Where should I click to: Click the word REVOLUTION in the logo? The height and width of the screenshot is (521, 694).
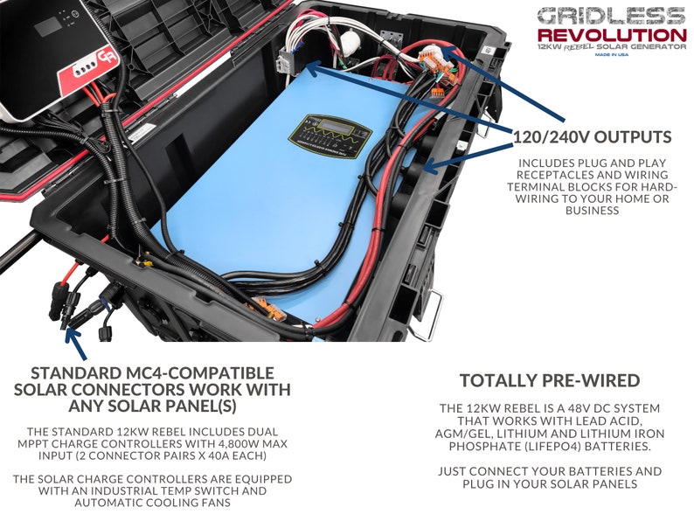(x=612, y=35)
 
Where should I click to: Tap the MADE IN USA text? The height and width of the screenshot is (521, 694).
(x=611, y=54)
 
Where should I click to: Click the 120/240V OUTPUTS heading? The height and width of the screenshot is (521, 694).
(x=593, y=136)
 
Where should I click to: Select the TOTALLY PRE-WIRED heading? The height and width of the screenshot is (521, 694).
(x=550, y=380)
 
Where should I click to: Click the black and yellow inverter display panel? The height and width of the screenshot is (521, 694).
(x=330, y=135)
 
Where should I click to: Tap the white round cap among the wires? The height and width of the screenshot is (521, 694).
(x=350, y=41)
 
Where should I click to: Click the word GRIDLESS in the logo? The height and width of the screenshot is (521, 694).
(x=611, y=16)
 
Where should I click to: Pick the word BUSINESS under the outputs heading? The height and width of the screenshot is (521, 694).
(x=593, y=211)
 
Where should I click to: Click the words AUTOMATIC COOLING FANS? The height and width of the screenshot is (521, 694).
(x=152, y=503)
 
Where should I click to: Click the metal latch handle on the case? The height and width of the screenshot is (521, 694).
(x=427, y=315)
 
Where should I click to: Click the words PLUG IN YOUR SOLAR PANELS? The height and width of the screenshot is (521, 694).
(x=550, y=483)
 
